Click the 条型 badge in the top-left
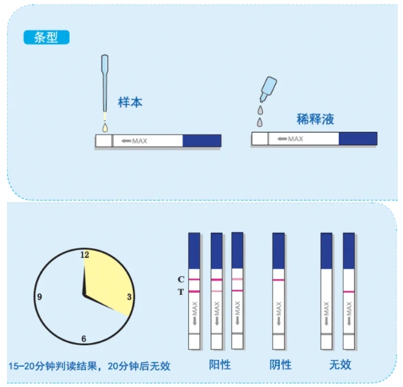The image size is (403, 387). point(46,37)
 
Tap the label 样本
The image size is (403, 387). point(130,102)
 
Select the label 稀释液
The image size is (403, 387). point(315,120)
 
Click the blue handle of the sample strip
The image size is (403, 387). point(202,141)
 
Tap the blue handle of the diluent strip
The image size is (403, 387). point(358,139)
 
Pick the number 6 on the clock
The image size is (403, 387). point(84,338)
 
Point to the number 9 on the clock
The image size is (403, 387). point(39,297)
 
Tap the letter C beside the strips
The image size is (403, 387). point(180,279)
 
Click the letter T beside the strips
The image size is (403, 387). point(180,292)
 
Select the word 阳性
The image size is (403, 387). point(220,365)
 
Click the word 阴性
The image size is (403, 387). point(280,365)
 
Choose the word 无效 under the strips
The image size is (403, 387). point(340,365)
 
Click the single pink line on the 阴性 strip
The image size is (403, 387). point(279,279)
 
